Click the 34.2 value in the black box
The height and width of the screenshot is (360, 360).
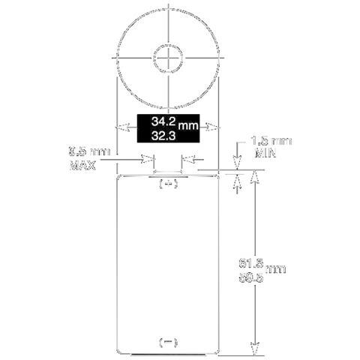165,121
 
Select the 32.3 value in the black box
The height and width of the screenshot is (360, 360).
163,136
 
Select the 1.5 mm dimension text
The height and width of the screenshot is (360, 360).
271,141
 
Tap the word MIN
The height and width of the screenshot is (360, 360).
262,153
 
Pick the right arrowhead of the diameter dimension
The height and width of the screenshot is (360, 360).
214,127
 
